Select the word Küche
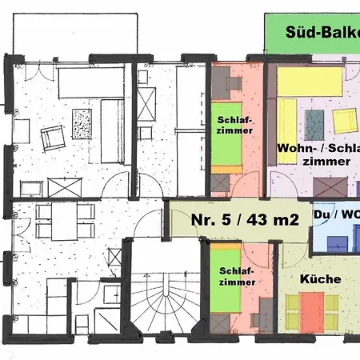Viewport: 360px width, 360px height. [x=320, y=279]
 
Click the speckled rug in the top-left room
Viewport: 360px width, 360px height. [x=82, y=124]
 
